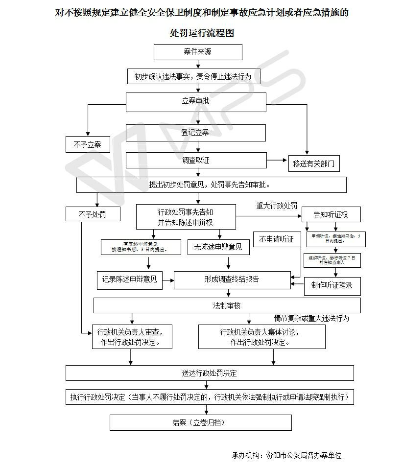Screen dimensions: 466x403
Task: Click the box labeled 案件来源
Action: (198, 52)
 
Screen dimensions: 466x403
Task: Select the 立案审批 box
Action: (196, 102)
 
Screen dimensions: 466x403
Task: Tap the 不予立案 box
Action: (88, 144)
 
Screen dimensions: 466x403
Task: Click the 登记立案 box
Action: (196, 133)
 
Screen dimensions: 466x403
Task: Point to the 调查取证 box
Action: (196, 160)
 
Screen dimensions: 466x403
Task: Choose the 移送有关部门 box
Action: (314, 163)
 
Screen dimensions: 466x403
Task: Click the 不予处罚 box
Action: (92, 214)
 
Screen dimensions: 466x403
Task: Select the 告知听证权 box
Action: (331, 214)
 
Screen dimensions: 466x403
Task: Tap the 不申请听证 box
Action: (277, 239)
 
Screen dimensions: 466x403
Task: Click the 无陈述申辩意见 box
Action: (215, 247)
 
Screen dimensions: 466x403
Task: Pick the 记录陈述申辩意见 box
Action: (130, 280)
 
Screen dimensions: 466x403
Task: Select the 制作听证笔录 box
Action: (332, 285)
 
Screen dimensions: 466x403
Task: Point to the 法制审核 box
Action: (227, 305)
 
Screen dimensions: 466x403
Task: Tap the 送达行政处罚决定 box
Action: (210, 373)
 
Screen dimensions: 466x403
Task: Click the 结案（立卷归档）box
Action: (200, 422)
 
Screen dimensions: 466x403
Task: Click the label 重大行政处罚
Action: (277, 206)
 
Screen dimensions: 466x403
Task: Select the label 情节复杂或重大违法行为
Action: (311, 318)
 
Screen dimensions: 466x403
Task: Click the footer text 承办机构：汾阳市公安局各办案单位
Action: (286, 455)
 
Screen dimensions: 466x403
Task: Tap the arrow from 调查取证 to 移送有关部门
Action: (277, 160)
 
